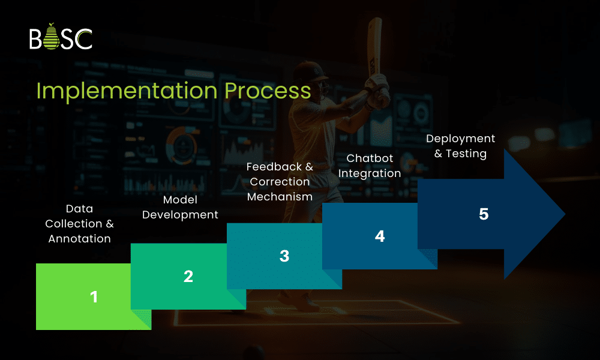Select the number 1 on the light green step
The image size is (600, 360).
click(94, 296)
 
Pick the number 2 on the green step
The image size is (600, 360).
click(188, 276)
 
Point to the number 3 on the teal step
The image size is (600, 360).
click(284, 256)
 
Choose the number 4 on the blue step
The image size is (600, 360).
click(380, 236)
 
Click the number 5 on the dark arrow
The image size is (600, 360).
click(484, 214)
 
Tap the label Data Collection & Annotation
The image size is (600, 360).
click(80, 223)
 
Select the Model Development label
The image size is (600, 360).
click(180, 207)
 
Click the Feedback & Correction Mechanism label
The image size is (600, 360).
click(280, 181)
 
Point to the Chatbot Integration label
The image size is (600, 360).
click(374, 166)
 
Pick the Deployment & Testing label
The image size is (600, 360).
click(461, 146)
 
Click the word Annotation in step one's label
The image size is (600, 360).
click(80, 239)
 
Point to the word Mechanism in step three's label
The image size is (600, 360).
click(280, 197)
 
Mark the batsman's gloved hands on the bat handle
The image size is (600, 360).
click(379, 87)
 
